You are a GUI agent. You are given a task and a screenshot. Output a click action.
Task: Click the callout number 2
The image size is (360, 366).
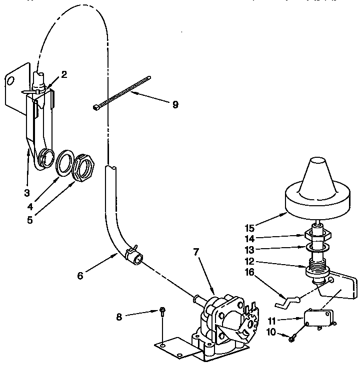[x=64, y=74]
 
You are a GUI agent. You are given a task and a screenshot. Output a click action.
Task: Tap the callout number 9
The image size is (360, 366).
[x=175, y=105]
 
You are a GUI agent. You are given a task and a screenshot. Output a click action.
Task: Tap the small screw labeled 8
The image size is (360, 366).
[x=163, y=313]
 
